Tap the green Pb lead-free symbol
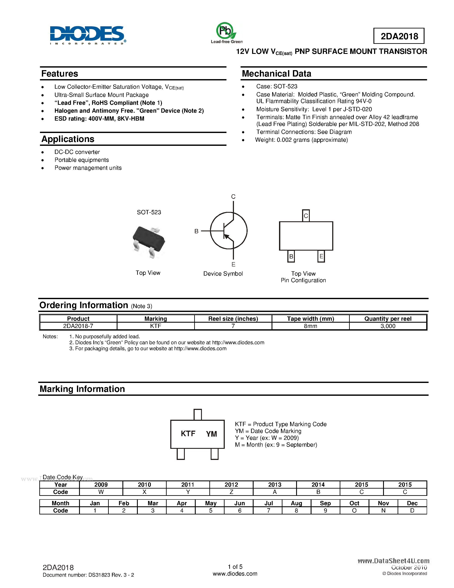coord(225,31)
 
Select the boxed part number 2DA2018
coord(399,36)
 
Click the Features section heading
coord(60,74)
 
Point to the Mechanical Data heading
coord(276,74)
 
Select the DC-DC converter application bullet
coord(77,152)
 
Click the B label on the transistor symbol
coord(196,231)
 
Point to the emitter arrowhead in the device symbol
coord(227,237)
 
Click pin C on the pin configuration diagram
coord(306,216)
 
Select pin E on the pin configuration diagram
coord(321,256)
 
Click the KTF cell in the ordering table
coord(156,326)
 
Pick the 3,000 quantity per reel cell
coord(388,326)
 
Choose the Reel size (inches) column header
coord(233,319)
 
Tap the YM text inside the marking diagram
coord(211,434)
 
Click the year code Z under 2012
coord(231,492)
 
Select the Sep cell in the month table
coord(325,503)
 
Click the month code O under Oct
coord(354,510)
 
